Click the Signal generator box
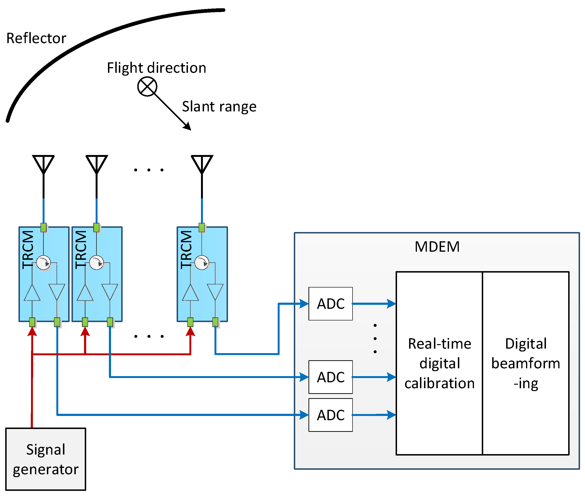[x=46, y=459]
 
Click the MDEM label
[x=437, y=247]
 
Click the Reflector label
[x=36, y=38]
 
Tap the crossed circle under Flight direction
[x=147, y=87]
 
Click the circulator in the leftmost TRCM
[x=44, y=263]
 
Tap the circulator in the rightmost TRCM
[x=202, y=263]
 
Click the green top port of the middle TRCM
[x=97, y=227]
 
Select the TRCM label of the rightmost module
[x=186, y=250]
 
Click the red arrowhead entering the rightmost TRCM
[x=191, y=332]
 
